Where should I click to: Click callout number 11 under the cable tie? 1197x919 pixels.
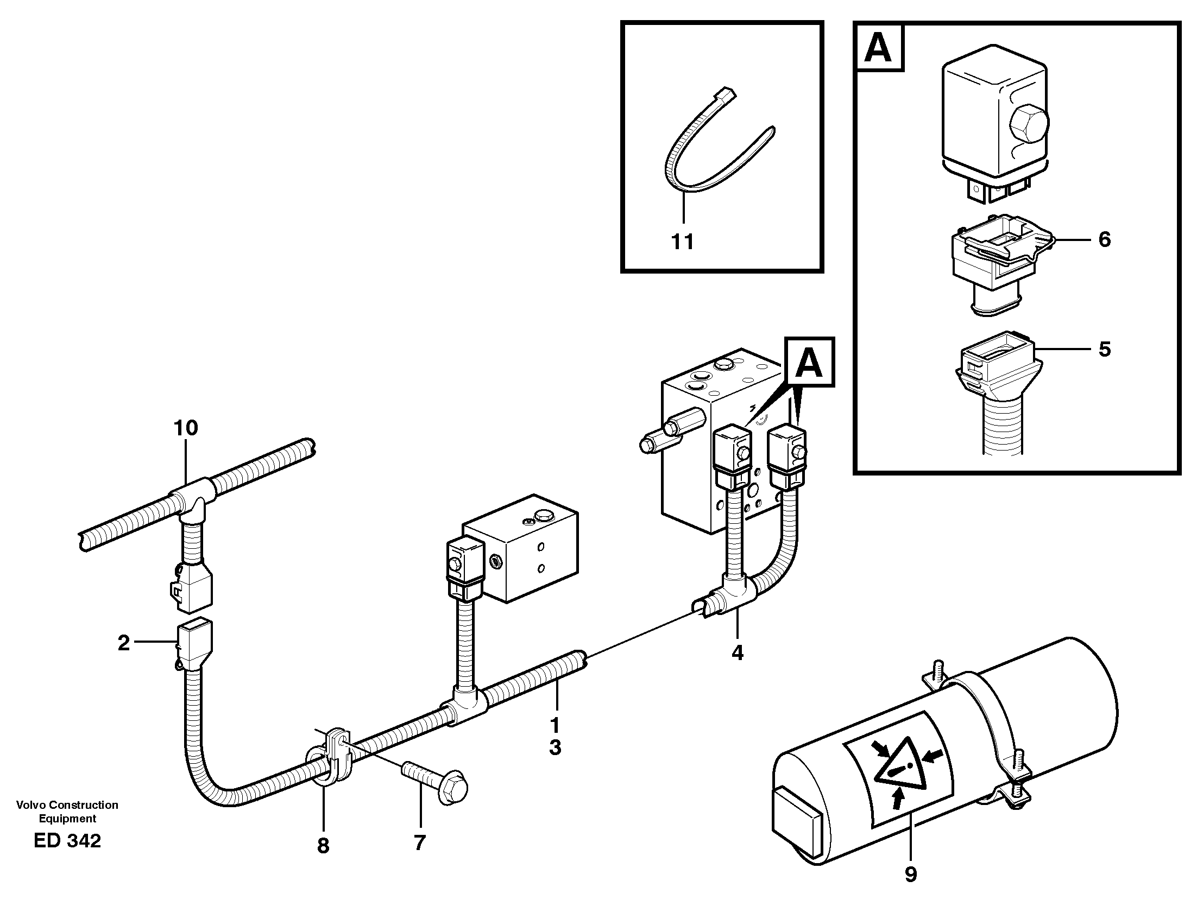(682, 241)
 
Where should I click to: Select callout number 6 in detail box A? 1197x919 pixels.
(1105, 239)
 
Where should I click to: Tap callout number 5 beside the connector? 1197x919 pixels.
(1105, 349)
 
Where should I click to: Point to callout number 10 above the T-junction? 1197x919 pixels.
(186, 428)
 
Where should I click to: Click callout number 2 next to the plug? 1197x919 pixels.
(124, 643)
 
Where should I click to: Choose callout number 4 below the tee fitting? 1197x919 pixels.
(737, 652)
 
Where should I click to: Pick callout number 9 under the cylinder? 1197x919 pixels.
(910, 874)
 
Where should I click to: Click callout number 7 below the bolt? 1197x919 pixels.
(420, 843)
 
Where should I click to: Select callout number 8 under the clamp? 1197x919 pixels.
(323, 846)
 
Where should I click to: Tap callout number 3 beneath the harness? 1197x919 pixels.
(555, 747)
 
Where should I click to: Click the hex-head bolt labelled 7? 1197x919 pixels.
(438, 780)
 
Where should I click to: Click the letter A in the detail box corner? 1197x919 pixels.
(879, 48)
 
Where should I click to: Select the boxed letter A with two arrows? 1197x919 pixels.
(809, 363)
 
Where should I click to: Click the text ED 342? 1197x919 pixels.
(67, 840)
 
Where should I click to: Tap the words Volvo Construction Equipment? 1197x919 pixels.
(67, 811)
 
